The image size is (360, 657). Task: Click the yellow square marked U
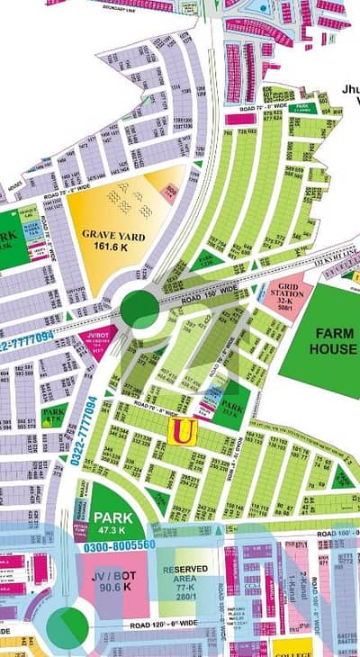pyautogui.click(x=182, y=432)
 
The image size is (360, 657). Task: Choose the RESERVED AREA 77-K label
pyautogui.click(x=186, y=576)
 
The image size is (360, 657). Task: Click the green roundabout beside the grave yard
pyautogui.click(x=139, y=309)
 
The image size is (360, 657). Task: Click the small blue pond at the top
pyautogui.click(x=261, y=8)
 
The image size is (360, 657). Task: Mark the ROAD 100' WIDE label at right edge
pyautogui.click(x=332, y=531)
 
